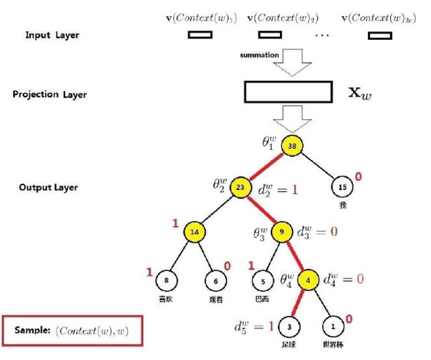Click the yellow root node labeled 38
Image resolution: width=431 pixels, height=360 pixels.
tap(292, 146)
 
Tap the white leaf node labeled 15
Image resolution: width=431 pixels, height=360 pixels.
tap(342, 186)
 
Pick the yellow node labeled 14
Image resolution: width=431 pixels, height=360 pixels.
tap(194, 231)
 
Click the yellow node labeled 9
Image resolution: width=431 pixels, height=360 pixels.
tap(282, 231)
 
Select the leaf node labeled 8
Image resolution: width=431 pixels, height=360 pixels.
tap(167, 281)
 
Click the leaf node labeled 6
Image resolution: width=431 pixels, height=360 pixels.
tap(216, 281)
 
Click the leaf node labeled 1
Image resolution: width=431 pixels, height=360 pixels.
tap(334, 325)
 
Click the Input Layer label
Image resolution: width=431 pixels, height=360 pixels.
tap(52, 35)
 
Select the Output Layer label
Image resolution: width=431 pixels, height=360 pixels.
tap(48, 187)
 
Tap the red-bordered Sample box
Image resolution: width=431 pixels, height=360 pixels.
tap(71, 331)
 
